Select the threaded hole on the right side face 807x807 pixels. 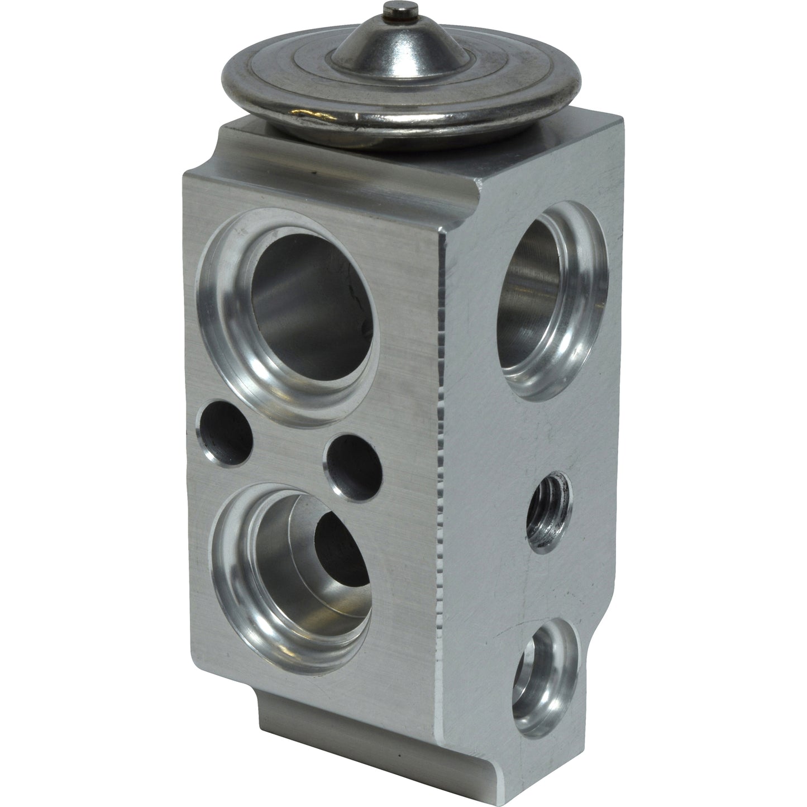click(x=548, y=510)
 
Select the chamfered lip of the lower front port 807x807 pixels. click(x=235, y=586)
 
